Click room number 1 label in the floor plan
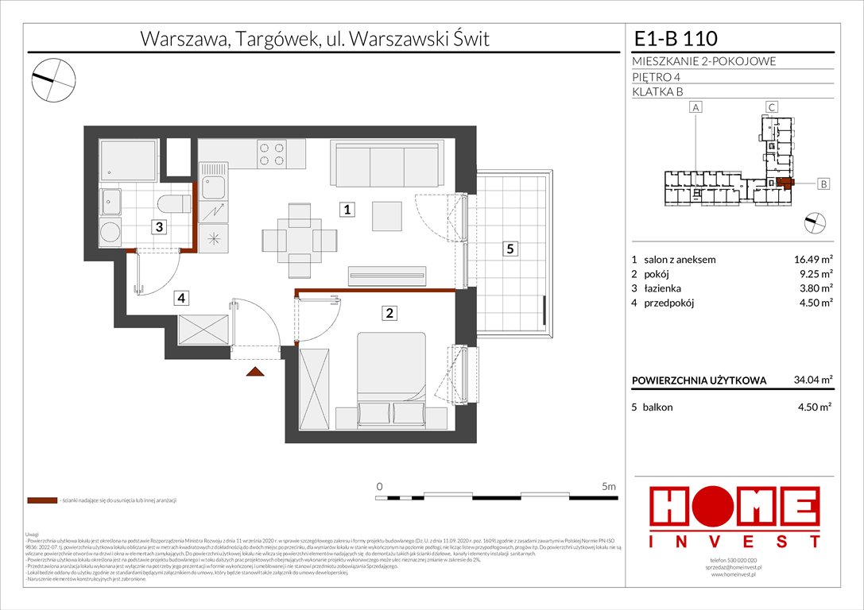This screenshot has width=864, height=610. click(348, 210)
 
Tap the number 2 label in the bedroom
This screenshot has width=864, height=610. click(389, 313)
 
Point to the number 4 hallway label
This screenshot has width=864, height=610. click(182, 299)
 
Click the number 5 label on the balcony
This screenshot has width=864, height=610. click(510, 249)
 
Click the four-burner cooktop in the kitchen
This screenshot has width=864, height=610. click(271, 153)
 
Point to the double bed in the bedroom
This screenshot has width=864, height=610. click(394, 376)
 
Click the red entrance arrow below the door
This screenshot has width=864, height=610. click(255, 371)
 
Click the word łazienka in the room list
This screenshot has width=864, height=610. click(668, 288)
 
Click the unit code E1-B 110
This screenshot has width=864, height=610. click(675, 38)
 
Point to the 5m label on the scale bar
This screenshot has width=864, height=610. click(609, 485)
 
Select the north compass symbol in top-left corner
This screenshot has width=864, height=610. click(54, 77)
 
